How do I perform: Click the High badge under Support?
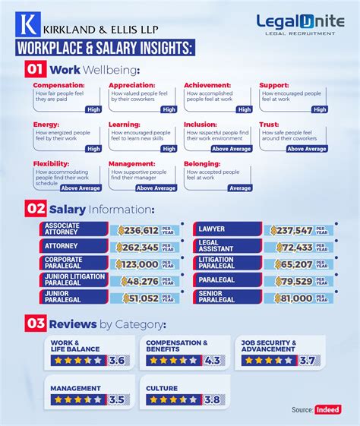(x=320, y=110)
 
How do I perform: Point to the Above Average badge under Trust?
(x=307, y=149)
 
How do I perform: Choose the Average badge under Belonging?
(x=240, y=188)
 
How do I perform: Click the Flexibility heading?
(x=49, y=163)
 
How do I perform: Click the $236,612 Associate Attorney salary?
(x=139, y=230)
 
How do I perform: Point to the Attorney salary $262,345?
(x=139, y=247)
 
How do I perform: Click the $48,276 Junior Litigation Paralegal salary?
(x=139, y=281)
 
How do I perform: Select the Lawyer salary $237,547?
(x=293, y=230)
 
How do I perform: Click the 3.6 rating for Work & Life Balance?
(x=116, y=360)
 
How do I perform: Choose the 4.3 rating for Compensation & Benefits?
(x=213, y=360)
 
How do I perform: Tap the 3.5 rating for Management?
(x=116, y=399)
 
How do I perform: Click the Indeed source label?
(x=328, y=410)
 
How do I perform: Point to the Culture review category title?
(x=161, y=388)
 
